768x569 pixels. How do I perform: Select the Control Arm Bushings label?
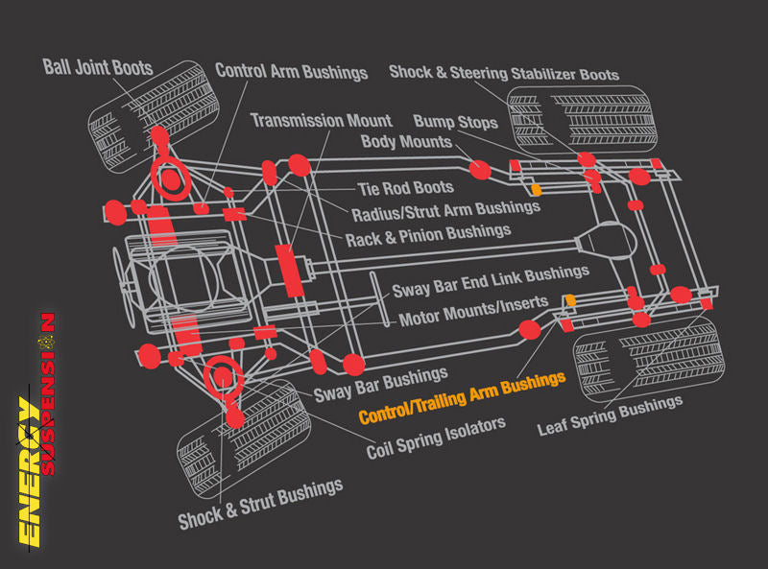pyautogui.click(x=291, y=71)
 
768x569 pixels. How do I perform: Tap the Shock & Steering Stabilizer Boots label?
pyautogui.click(x=503, y=73)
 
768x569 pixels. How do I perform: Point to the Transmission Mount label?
pyautogui.click(x=321, y=121)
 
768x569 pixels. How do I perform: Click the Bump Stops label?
pyautogui.click(x=455, y=122)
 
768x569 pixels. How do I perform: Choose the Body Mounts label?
pyautogui.click(x=406, y=142)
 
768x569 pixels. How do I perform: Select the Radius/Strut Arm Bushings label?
pyautogui.click(x=431, y=210)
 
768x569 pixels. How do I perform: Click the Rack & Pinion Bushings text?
pyautogui.click(x=427, y=232)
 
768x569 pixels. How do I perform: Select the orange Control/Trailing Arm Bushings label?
pyautogui.click(x=461, y=398)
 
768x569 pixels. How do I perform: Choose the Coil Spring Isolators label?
pyautogui.click(x=435, y=437)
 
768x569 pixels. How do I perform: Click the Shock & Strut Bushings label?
pyautogui.click(x=260, y=504)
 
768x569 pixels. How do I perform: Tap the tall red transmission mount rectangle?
pyautogui.click(x=286, y=270)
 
